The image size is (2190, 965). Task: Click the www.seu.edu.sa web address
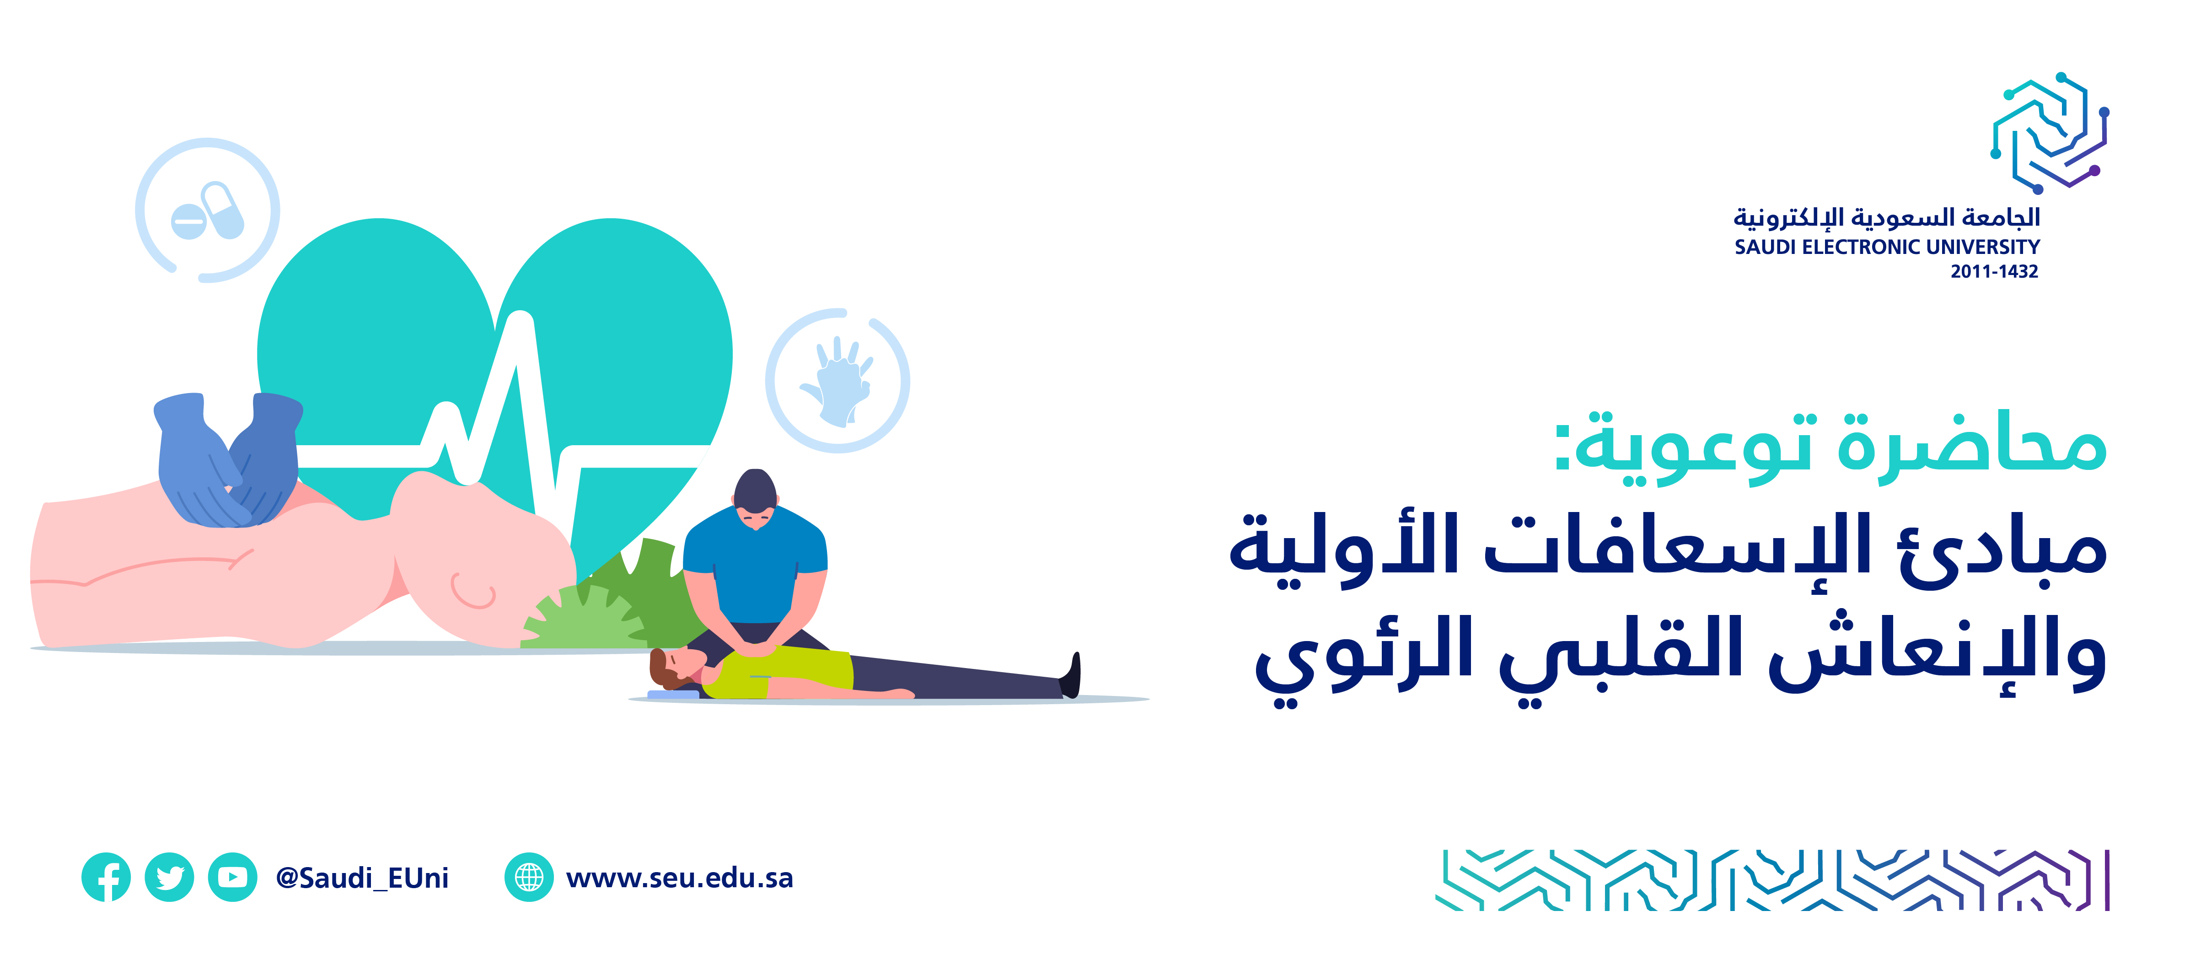[x=679, y=878]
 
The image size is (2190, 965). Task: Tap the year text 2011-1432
[x=1994, y=271]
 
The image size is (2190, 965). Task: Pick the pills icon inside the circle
[x=208, y=211]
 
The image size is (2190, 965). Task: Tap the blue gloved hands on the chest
[x=228, y=459]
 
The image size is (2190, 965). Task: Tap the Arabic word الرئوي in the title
[x=1364, y=659]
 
